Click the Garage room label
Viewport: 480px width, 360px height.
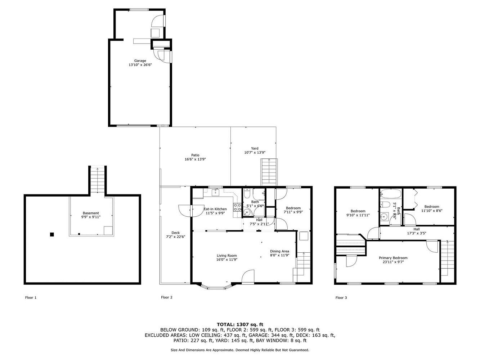(140, 60)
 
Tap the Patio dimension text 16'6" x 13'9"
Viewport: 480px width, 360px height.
(195, 159)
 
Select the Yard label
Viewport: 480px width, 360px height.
(255, 148)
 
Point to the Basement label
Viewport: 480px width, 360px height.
(91, 213)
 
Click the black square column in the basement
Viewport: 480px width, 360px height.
(52, 234)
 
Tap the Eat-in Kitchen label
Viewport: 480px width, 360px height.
(215, 209)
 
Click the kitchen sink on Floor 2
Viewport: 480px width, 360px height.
(216, 193)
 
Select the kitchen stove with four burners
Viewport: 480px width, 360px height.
(237, 207)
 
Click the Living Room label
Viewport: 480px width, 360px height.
(227, 256)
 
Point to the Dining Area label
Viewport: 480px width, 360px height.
(279, 251)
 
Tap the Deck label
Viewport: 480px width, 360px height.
(176, 233)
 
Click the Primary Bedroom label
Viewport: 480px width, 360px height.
(393, 258)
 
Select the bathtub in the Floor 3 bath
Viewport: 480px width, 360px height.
(391, 194)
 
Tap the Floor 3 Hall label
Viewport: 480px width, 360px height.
(417, 229)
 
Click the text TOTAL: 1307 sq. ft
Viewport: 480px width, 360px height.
(240, 325)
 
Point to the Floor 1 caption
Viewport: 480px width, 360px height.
(31, 297)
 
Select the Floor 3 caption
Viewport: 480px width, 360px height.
(341, 297)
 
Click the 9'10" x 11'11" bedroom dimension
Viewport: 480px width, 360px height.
(358, 215)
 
